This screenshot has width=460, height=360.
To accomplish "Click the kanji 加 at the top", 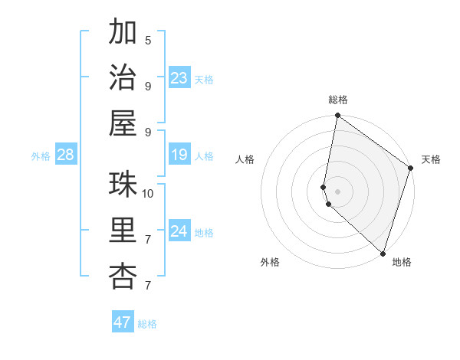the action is (x=123, y=34).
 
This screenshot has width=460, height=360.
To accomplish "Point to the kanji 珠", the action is (x=123, y=185).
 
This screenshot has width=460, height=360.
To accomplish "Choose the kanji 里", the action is (x=123, y=231).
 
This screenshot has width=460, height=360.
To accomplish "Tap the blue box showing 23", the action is (x=179, y=78).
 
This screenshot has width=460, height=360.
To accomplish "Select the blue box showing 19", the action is (x=179, y=155).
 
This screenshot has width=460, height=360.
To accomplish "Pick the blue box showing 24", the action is (x=179, y=231).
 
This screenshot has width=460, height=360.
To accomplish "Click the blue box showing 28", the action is (x=65, y=155).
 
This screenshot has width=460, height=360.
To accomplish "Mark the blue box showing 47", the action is (x=123, y=322).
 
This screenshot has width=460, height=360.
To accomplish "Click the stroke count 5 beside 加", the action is (x=148, y=41).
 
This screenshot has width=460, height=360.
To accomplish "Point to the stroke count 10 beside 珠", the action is (x=148, y=193).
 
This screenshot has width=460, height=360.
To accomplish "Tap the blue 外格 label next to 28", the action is (x=41, y=156).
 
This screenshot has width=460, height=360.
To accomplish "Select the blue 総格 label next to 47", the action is (x=147, y=324).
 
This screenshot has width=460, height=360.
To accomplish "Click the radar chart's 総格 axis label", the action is (x=338, y=100).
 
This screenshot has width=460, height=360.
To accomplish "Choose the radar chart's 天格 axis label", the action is (x=431, y=159).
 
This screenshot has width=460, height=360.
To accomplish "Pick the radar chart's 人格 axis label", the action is (x=245, y=159).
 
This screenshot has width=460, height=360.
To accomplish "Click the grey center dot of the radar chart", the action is (x=338, y=190).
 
